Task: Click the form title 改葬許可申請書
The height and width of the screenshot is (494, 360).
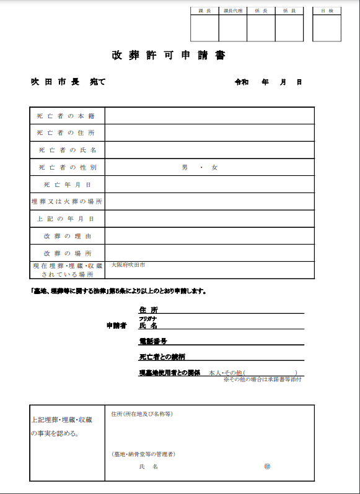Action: click(x=168, y=55)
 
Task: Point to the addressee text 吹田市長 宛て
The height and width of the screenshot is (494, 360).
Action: click(x=68, y=82)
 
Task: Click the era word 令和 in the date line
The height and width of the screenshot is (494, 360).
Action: click(x=241, y=82)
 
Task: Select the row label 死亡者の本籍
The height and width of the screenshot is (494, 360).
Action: click(x=65, y=116)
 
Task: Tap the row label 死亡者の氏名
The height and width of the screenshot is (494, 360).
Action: click(x=65, y=150)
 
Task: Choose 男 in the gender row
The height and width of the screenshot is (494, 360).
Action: click(x=184, y=168)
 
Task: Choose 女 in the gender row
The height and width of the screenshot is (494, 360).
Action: click(x=214, y=168)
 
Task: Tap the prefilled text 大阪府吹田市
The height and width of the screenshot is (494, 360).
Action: click(x=128, y=265)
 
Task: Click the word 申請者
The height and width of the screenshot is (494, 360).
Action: click(x=116, y=325)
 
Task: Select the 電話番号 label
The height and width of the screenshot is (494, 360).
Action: click(x=152, y=341)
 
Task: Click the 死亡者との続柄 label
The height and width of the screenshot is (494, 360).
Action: click(x=162, y=357)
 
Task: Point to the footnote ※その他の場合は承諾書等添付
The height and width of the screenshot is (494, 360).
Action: click(x=262, y=379)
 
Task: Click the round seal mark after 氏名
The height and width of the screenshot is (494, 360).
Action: click(x=267, y=466)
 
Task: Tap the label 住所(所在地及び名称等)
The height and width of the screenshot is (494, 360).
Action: click(x=141, y=414)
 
